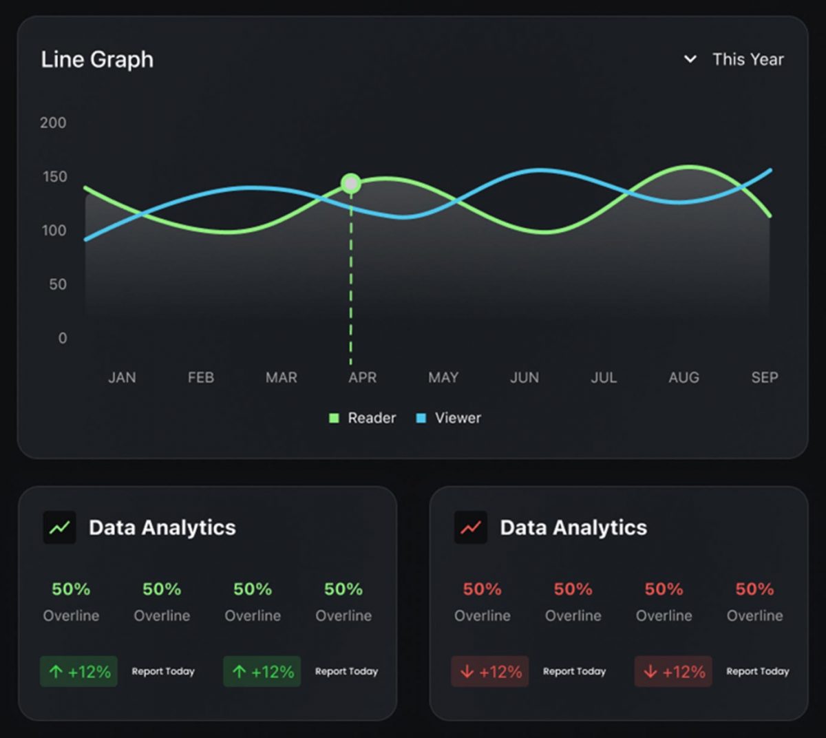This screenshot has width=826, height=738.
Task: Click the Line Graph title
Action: point(97,60)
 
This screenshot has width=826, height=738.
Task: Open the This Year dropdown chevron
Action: point(690,59)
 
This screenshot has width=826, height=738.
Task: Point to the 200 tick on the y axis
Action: point(53,123)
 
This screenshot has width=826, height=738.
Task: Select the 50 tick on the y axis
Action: point(58,284)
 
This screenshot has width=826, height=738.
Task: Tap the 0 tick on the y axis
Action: point(63,338)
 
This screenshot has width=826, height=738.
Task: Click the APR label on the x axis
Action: point(362,377)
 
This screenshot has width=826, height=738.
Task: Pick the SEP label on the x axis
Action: point(764,377)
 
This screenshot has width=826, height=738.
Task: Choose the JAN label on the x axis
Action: point(122,377)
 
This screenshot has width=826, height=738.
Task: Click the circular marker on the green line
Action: point(351,184)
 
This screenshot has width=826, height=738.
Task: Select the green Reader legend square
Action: point(334,418)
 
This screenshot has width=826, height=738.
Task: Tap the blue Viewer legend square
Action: point(421,418)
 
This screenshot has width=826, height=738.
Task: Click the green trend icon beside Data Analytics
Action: point(60,528)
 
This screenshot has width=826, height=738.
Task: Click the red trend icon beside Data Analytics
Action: point(471,528)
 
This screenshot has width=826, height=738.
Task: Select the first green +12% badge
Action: point(78,671)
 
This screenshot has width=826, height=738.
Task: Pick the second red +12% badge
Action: point(673,671)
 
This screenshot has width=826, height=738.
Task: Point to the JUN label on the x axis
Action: point(524,377)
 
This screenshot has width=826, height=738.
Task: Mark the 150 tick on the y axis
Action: point(54,177)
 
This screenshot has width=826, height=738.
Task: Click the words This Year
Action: point(748,59)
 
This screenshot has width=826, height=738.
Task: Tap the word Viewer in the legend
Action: point(458,418)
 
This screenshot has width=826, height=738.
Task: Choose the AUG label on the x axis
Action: point(684,377)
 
